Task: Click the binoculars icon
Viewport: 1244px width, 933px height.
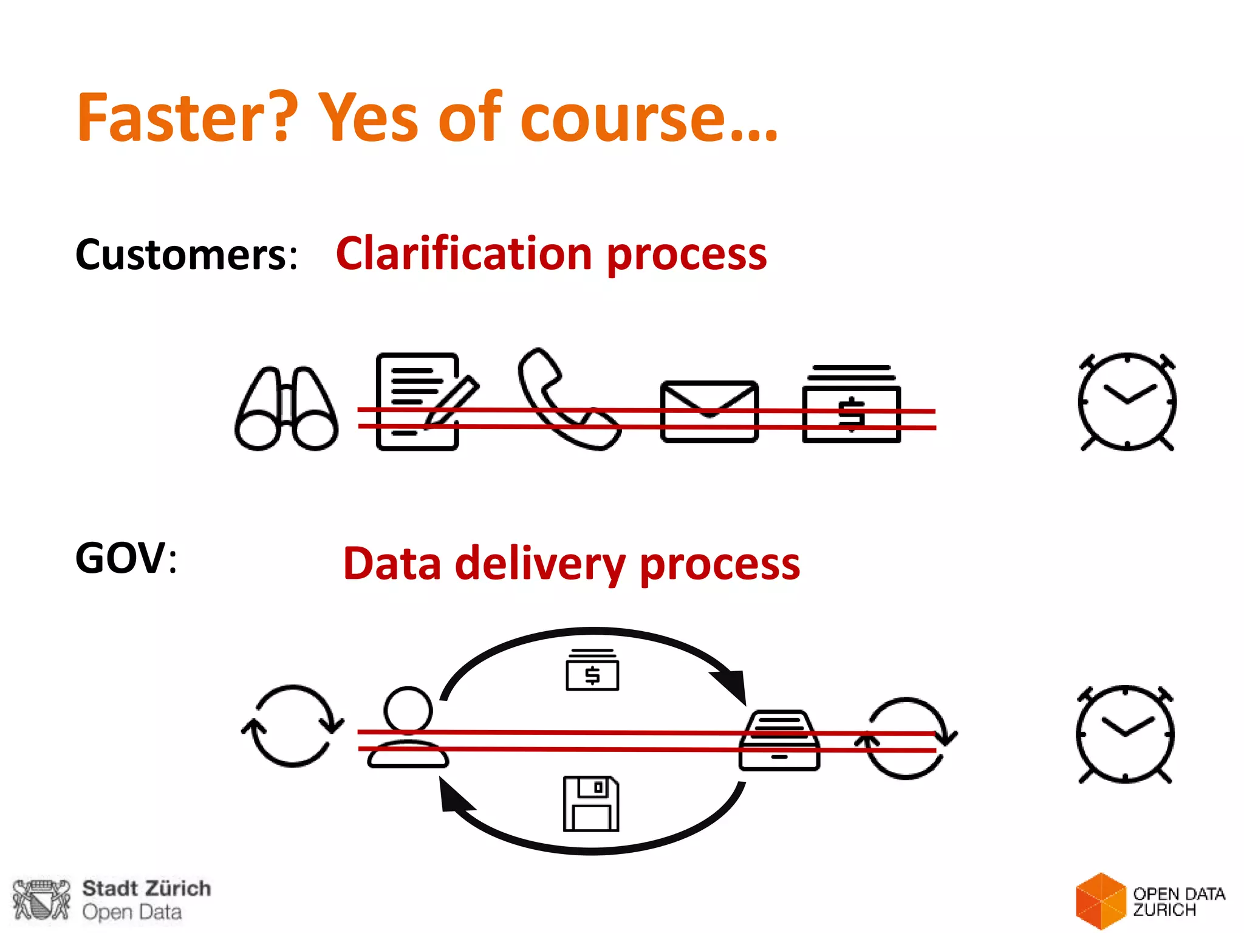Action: coord(286,408)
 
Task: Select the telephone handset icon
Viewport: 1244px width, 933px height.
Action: coord(565,399)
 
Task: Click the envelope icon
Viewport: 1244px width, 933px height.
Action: coord(709,411)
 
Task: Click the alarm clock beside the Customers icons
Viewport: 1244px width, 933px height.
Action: coord(1127,402)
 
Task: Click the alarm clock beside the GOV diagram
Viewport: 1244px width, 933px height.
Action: coord(1125,734)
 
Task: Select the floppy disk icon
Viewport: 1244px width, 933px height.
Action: coord(591,803)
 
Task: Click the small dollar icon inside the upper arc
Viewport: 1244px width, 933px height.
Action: coord(592,670)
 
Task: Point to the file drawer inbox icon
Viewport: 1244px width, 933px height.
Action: coord(779,740)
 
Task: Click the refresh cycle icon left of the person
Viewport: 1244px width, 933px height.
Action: coord(293,725)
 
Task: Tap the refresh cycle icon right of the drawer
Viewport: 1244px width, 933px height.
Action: coord(906,738)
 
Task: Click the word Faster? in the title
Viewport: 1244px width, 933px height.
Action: coord(187,117)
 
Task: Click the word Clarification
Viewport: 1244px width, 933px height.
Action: coord(463,253)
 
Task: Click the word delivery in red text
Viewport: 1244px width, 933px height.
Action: coord(540,564)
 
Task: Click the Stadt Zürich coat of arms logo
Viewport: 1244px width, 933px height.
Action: coord(41,900)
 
